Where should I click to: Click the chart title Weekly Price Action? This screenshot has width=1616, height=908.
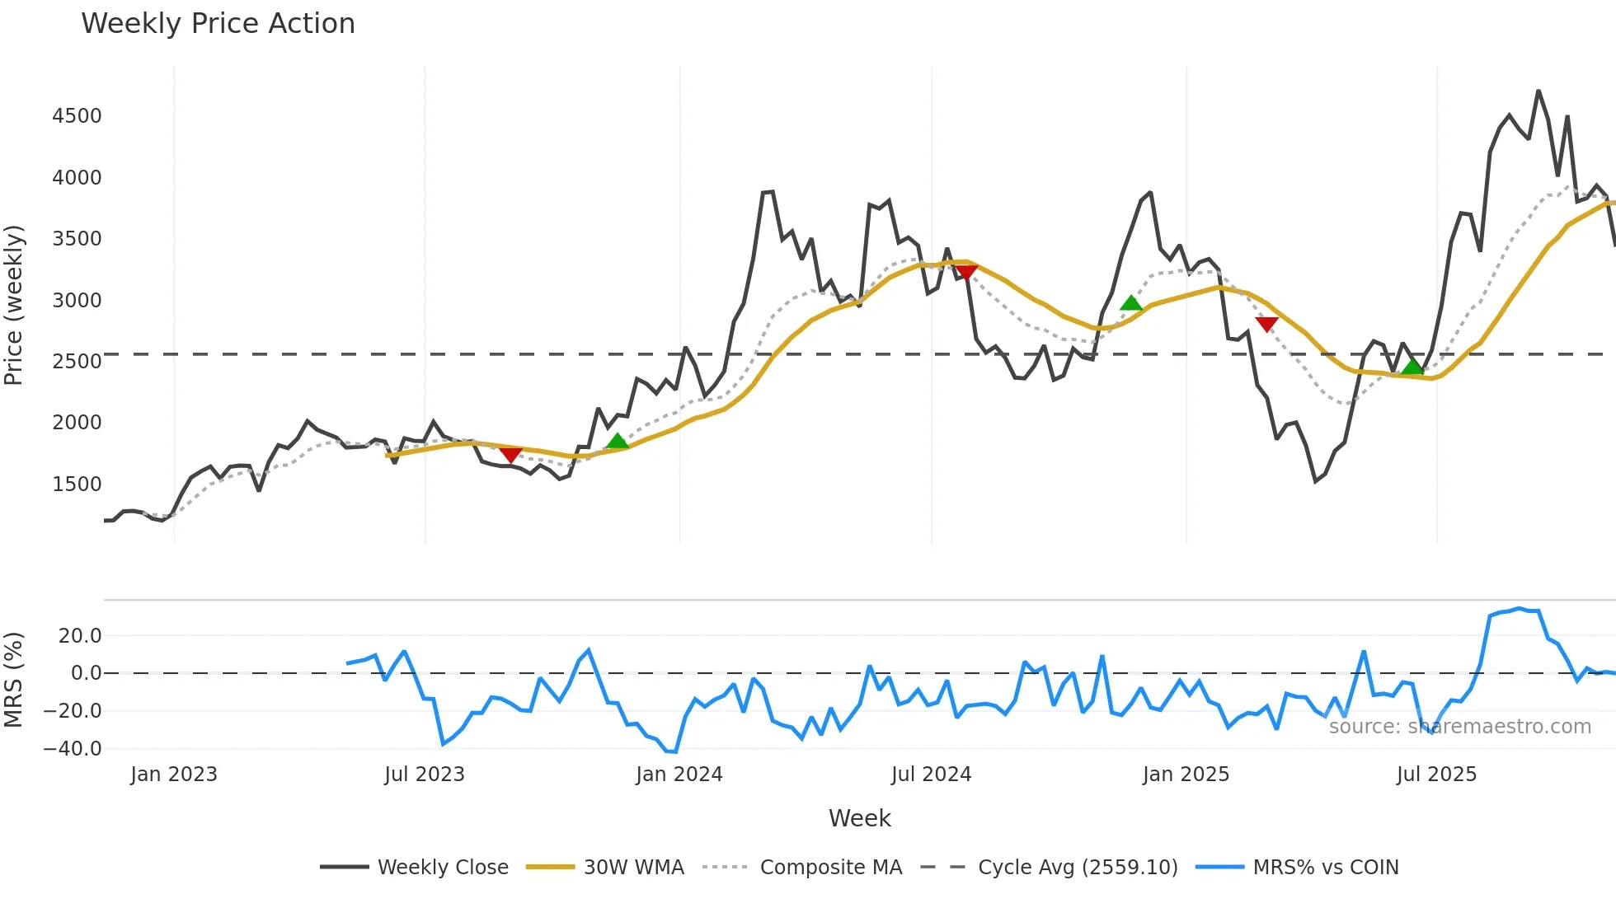coord(218,24)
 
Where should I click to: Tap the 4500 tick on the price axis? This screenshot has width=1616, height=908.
coord(77,116)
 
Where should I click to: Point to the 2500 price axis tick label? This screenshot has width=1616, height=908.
coord(77,361)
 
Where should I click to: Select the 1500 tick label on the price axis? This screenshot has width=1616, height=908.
coord(77,484)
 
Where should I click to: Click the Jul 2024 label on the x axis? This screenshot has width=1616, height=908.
coord(931,775)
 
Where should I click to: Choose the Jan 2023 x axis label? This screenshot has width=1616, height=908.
coord(174,775)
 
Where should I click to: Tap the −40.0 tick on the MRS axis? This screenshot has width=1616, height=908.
coord(73,749)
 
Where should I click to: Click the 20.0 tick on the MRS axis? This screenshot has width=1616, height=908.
coord(80,635)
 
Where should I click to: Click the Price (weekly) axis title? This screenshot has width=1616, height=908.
coord(14,305)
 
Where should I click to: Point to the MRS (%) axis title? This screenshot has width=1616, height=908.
coord(14,680)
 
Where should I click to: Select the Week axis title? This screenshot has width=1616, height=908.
coord(859,818)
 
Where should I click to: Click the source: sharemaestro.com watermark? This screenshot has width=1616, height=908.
coord(1459,727)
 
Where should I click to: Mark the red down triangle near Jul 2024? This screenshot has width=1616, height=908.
coord(966,272)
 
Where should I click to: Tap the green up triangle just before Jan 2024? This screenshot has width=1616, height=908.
coord(618,442)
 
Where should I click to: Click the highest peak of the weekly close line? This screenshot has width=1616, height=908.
coord(1538,91)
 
